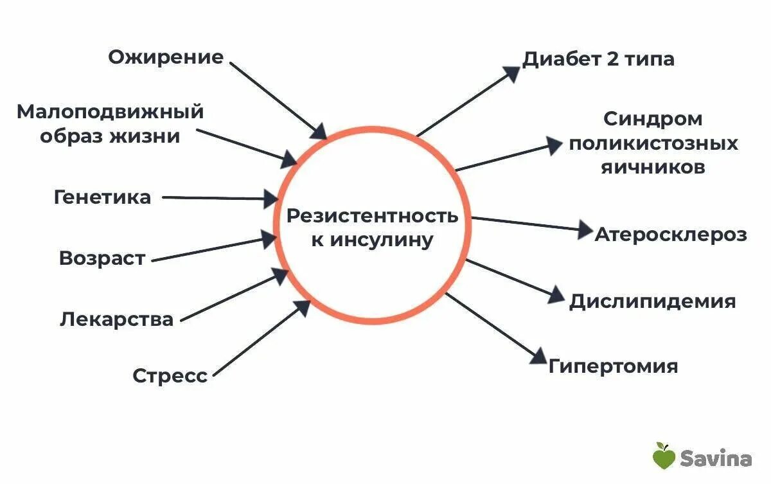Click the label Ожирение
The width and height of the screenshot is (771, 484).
[166, 57]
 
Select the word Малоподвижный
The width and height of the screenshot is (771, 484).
[110, 112]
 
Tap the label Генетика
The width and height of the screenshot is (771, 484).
[102, 197]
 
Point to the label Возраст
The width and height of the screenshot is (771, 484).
[102, 258]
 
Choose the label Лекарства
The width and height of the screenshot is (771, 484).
[116, 319]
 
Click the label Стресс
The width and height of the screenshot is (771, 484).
[170, 375]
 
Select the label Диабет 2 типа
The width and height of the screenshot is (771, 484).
[598, 59]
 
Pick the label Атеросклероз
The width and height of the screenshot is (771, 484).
[671, 234]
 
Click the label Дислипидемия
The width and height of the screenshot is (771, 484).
[652, 301]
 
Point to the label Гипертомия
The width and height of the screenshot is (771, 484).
[613, 366]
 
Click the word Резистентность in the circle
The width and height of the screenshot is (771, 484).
[372, 216]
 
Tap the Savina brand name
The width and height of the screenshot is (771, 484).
[716, 458]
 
